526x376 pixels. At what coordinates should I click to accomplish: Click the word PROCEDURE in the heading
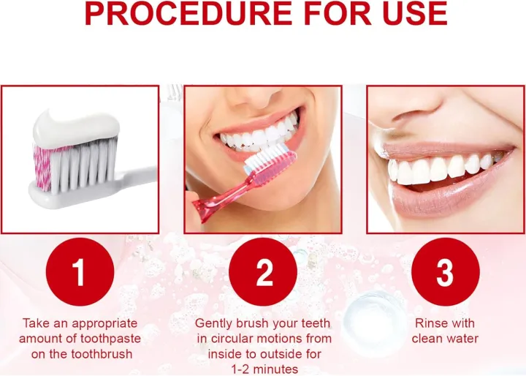coord(183,15)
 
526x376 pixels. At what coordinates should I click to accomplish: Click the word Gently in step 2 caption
coord(213,323)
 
